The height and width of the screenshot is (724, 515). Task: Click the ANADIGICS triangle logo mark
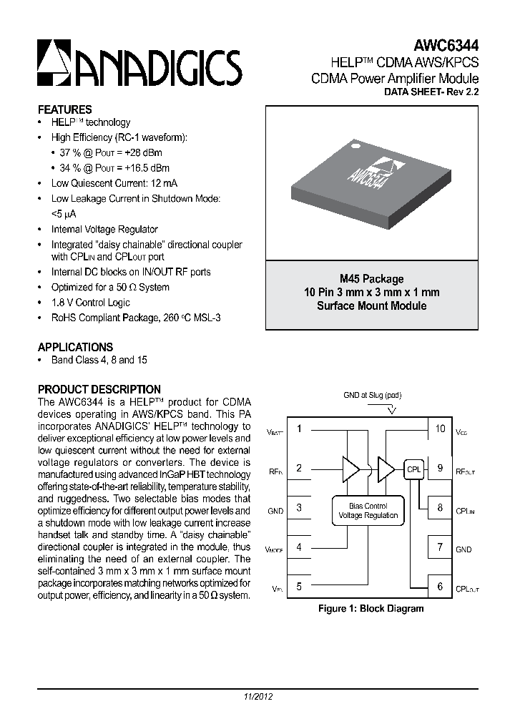click(x=55, y=62)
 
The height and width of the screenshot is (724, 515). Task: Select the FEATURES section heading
click(x=64, y=110)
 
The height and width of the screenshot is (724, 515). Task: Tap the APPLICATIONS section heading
click(x=75, y=347)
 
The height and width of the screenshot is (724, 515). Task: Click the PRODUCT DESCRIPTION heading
click(x=99, y=390)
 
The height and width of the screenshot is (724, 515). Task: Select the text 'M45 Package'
click(x=371, y=279)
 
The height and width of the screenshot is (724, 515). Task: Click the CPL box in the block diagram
click(x=414, y=469)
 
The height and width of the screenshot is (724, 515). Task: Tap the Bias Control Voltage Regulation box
click(x=368, y=511)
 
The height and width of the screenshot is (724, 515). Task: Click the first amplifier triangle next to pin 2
click(x=351, y=469)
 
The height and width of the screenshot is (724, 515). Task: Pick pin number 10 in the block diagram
click(x=441, y=429)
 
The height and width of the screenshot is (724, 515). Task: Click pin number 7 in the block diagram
click(x=441, y=548)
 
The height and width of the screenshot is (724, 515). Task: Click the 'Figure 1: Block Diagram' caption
click(x=371, y=609)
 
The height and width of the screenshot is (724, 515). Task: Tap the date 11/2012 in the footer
click(x=258, y=696)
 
